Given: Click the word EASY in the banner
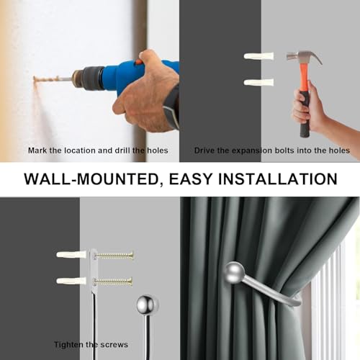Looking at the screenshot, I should tap(191, 179).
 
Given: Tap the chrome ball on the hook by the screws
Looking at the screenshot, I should tap(148, 305).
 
